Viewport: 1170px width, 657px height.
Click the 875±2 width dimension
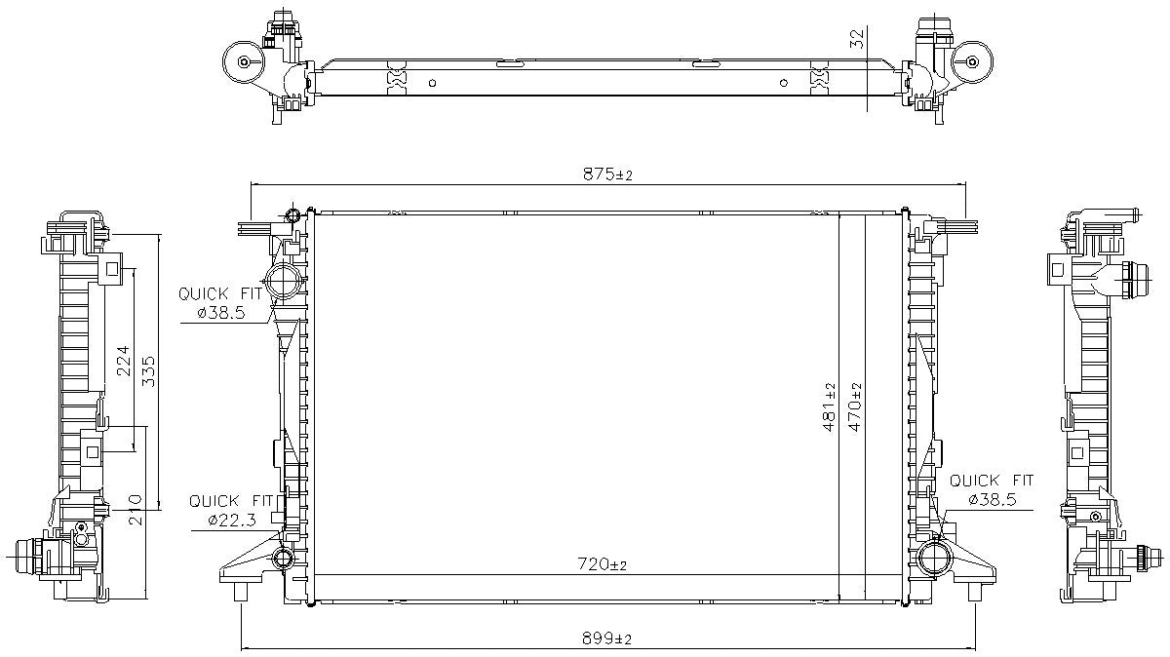[608, 174]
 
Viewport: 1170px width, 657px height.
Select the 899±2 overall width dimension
[608, 638]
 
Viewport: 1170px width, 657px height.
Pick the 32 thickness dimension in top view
[858, 39]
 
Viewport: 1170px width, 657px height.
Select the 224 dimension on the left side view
[123, 361]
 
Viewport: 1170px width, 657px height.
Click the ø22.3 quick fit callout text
[232, 522]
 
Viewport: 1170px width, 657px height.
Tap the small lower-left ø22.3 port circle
[283, 559]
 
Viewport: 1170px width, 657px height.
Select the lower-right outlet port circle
[934, 558]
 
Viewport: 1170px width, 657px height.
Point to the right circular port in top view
[971, 61]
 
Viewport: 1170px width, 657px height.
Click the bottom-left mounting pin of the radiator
[242, 593]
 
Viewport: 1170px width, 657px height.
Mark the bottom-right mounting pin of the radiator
[974, 592]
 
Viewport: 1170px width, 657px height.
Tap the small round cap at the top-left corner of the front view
[294, 215]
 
